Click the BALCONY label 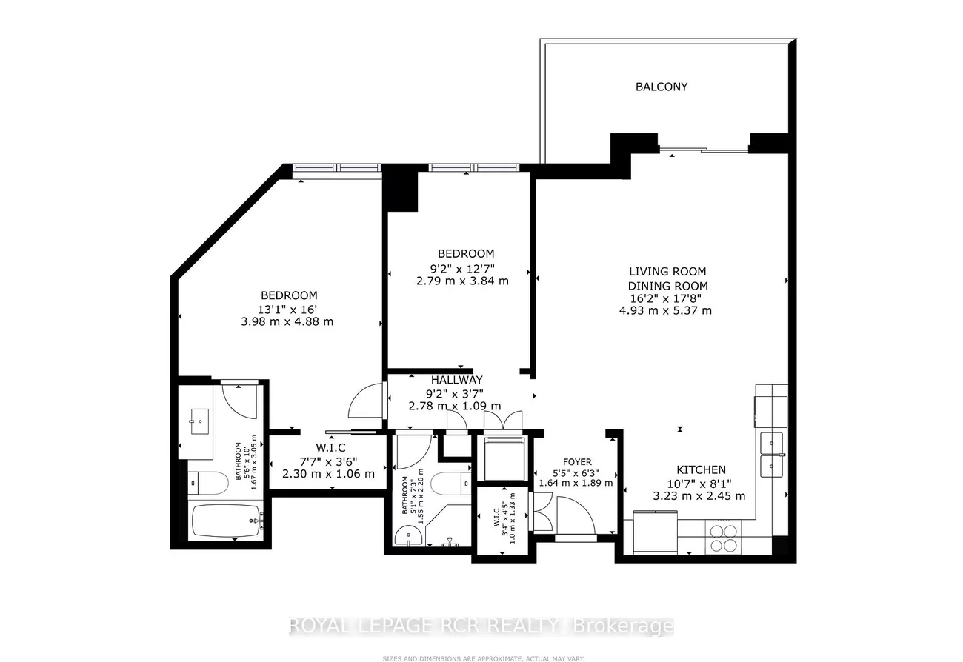tap(662, 87)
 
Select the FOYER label tap(577, 462)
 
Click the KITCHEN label tap(702, 470)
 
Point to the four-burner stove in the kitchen tap(724, 538)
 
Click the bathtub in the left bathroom tap(226, 521)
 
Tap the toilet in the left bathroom tap(208, 484)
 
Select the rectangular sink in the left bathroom tap(200, 421)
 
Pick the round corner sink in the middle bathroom tap(407, 536)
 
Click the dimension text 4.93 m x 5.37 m tap(665, 310)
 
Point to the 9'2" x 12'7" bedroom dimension tap(462, 269)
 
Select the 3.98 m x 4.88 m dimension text tap(287, 321)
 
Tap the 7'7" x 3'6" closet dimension tap(329, 461)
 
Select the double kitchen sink tap(772, 455)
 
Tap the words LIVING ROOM tap(667, 272)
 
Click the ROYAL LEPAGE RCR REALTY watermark tap(424, 626)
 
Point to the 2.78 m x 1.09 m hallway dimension tap(454, 405)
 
